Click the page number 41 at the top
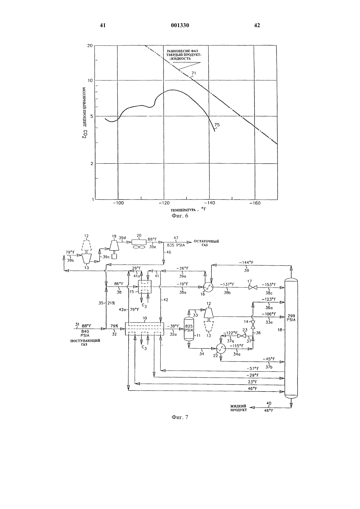(103, 25)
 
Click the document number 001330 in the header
(180, 25)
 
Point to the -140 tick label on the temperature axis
(209, 203)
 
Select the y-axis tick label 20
(90, 46)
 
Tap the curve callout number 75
(217, 125)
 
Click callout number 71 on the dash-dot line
(193, 73)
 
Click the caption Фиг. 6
(180, 216)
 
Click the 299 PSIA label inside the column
(291, 318)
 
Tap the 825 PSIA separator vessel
(189, 328)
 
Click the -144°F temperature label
(246, 262)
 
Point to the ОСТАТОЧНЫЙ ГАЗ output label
(207, 243)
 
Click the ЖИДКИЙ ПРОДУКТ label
(238, 408)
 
